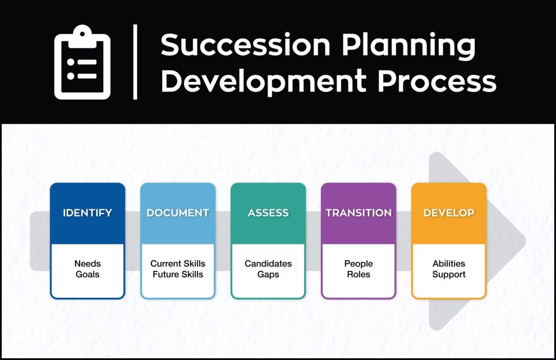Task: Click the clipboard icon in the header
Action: [82, 62]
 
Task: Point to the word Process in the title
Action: [436, 81]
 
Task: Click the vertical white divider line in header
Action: [135, 62]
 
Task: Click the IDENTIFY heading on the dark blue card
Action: [88, 213]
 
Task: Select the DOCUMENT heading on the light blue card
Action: [178, 213]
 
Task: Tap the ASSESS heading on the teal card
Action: [268, 213]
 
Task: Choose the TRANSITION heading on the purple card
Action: [359, 213]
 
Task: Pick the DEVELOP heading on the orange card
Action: [449, 213]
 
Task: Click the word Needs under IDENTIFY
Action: [88, 264]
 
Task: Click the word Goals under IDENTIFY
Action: [88, 274]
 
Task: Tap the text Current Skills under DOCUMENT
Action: [178, 264]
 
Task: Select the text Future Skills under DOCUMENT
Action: [178, 274]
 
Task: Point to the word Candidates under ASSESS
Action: [268, 264]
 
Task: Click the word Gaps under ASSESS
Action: [268, 274]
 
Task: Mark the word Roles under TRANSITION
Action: [359, 274]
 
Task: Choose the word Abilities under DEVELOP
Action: [449, 264]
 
